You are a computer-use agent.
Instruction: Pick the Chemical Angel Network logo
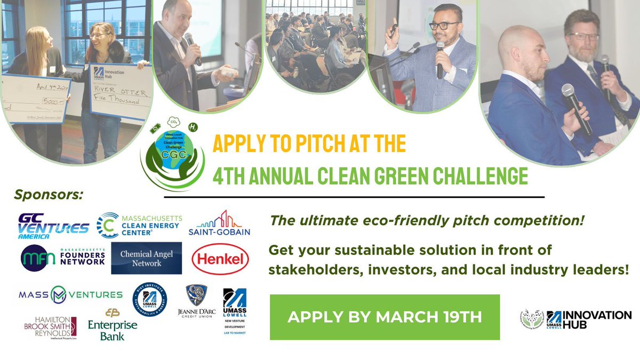pos(147,258)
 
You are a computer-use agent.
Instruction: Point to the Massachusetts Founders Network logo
pos(63,258)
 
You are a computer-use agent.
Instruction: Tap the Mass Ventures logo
pos(70,294)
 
